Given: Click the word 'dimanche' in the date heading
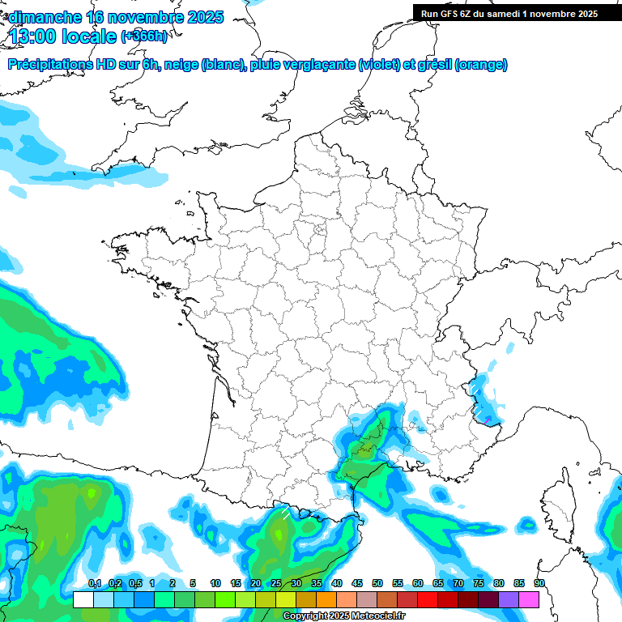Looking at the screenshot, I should coord(44,17).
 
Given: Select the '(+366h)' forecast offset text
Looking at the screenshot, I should coord(144,36).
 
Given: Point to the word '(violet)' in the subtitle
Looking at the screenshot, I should coord(380,65).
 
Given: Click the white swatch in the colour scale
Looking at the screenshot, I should coord(83,600).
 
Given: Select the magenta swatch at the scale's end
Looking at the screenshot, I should coord(529,600).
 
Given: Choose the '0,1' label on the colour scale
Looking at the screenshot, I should coord(94,584).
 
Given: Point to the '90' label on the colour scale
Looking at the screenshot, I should coord(539,584).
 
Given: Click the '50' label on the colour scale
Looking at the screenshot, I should coord(377,584).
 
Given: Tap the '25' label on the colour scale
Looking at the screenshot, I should coord(276,584).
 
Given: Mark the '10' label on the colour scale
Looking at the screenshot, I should coord(215,584).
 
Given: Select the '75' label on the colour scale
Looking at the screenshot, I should coord(479,584).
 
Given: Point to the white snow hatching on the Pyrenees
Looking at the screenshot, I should coord(285,511).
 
